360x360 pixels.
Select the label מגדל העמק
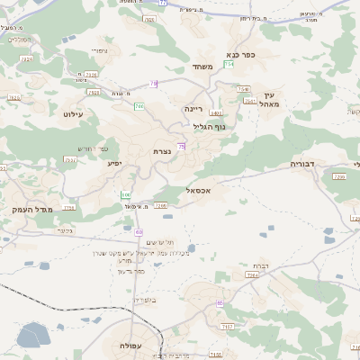[33, 209]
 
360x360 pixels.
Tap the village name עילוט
[73, 114]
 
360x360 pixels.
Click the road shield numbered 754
[229, 65]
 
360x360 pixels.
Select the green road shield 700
[139, 106]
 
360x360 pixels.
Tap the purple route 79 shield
[154, 84]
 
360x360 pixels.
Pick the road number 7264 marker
[251, 275]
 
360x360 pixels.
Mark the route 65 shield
[220, 303]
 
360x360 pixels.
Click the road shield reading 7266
[161, 206]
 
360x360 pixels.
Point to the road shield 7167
[226, 326]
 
